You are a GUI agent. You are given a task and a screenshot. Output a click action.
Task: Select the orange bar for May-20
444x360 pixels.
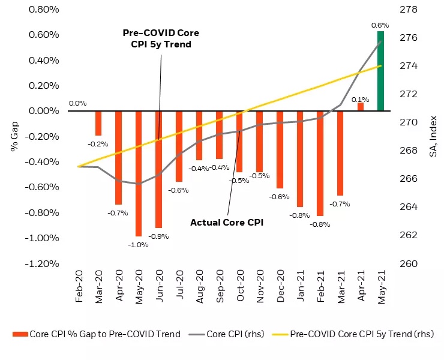tap(139, 173)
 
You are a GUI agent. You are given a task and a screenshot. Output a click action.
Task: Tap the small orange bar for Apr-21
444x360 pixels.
tap(361, 106)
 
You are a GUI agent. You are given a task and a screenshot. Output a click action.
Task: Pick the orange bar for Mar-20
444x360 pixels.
tap(98, 123)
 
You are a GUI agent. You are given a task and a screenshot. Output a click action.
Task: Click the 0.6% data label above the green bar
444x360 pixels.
tap(380, 25)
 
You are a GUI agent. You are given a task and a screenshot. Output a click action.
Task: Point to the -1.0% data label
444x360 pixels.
tap(139, 244)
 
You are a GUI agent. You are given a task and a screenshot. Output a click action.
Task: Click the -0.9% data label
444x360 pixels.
tap(159, 236)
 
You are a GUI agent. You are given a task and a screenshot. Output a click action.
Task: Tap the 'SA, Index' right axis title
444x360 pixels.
tap(433, 137)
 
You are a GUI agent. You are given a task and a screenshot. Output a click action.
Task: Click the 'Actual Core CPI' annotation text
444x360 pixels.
tap(227, 222)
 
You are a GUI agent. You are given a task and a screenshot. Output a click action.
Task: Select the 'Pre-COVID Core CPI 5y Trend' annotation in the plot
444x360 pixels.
tap(161, 38)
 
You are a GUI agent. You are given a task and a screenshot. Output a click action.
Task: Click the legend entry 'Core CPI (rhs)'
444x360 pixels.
tap(226, 334)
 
